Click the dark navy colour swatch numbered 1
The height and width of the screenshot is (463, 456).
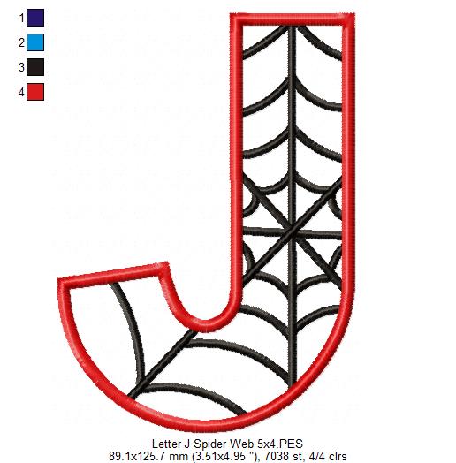pyautogui.click(x=35, y=16)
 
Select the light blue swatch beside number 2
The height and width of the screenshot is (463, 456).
pyautogui.click(x=35, y=41)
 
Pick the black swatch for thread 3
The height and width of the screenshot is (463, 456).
pyautogui.click(x=35, y=65)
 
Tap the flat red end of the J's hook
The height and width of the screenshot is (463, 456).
pyautogui.click(x=112, y=268)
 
